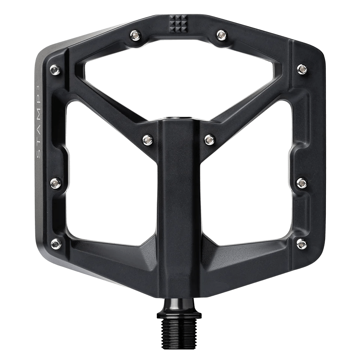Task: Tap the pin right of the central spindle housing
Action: [x=209, y=139]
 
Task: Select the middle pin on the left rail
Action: [x=55, y=183]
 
